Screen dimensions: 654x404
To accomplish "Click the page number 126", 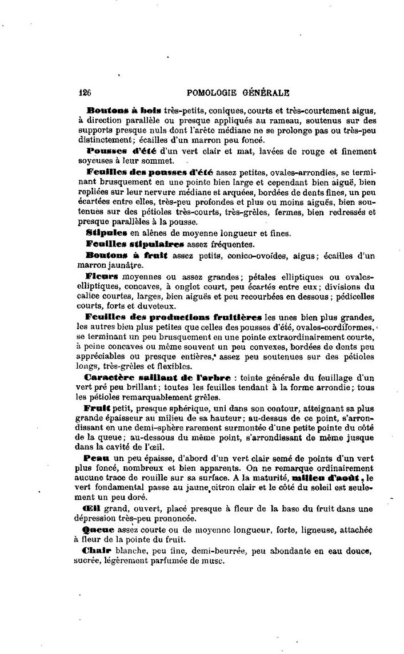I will click(x=85, y=92).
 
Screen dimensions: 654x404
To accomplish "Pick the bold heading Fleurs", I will click(x=101, y=276).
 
